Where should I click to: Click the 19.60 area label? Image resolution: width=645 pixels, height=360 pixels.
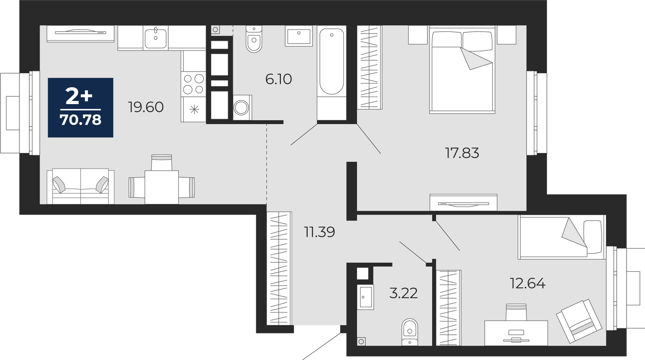[x=146, y=107]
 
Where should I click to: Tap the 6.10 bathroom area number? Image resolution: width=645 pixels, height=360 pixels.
[x=279, y=79]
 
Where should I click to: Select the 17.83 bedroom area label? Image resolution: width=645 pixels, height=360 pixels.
[x=462, y=153]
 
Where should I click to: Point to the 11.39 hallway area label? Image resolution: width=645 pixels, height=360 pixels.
[x=319, y=232]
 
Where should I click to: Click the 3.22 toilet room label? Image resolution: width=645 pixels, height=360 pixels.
[x=403, y=293]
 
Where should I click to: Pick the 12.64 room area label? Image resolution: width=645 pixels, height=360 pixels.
[x=528, y=283]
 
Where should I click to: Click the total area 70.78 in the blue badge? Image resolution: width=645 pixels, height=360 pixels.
[x=80, y=120]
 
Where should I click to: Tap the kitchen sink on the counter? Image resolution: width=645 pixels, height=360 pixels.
[x=155, y=38]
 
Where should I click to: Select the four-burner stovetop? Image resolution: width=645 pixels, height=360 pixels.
[x=194, y=84]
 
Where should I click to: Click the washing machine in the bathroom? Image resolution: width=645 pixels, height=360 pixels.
[x=242, y=107]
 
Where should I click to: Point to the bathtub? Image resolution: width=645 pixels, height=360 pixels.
[x=332, y=62]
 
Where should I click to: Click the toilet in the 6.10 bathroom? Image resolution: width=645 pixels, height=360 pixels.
[x=254, y=39]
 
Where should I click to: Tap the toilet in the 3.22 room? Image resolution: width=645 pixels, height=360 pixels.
[x=410, y=332]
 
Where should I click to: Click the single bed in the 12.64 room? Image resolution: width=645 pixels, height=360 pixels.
[x=562, y=237]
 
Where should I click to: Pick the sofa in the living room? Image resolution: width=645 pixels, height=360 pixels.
[x=80, y=186]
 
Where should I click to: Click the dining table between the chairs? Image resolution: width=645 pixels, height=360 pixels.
[x=162, y=187]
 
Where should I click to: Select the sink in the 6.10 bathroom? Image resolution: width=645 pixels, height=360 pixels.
[x=299, y=36]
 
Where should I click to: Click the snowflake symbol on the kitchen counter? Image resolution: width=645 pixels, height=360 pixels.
[x=194, y=109]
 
